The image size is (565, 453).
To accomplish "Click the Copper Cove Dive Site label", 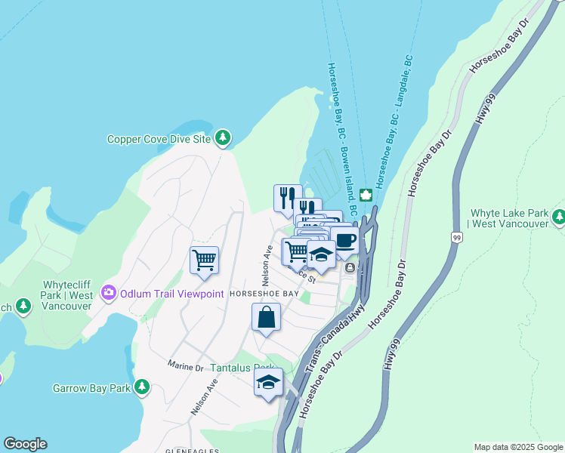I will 157,139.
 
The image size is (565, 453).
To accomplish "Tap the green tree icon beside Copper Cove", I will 223,137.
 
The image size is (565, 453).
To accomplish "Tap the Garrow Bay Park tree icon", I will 141,389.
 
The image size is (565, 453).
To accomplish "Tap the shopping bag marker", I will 267,317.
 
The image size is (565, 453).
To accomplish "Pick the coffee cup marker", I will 344,241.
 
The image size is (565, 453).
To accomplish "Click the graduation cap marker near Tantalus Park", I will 268,383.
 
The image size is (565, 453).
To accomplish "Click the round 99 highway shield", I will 455,237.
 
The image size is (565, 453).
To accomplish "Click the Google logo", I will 25,444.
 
